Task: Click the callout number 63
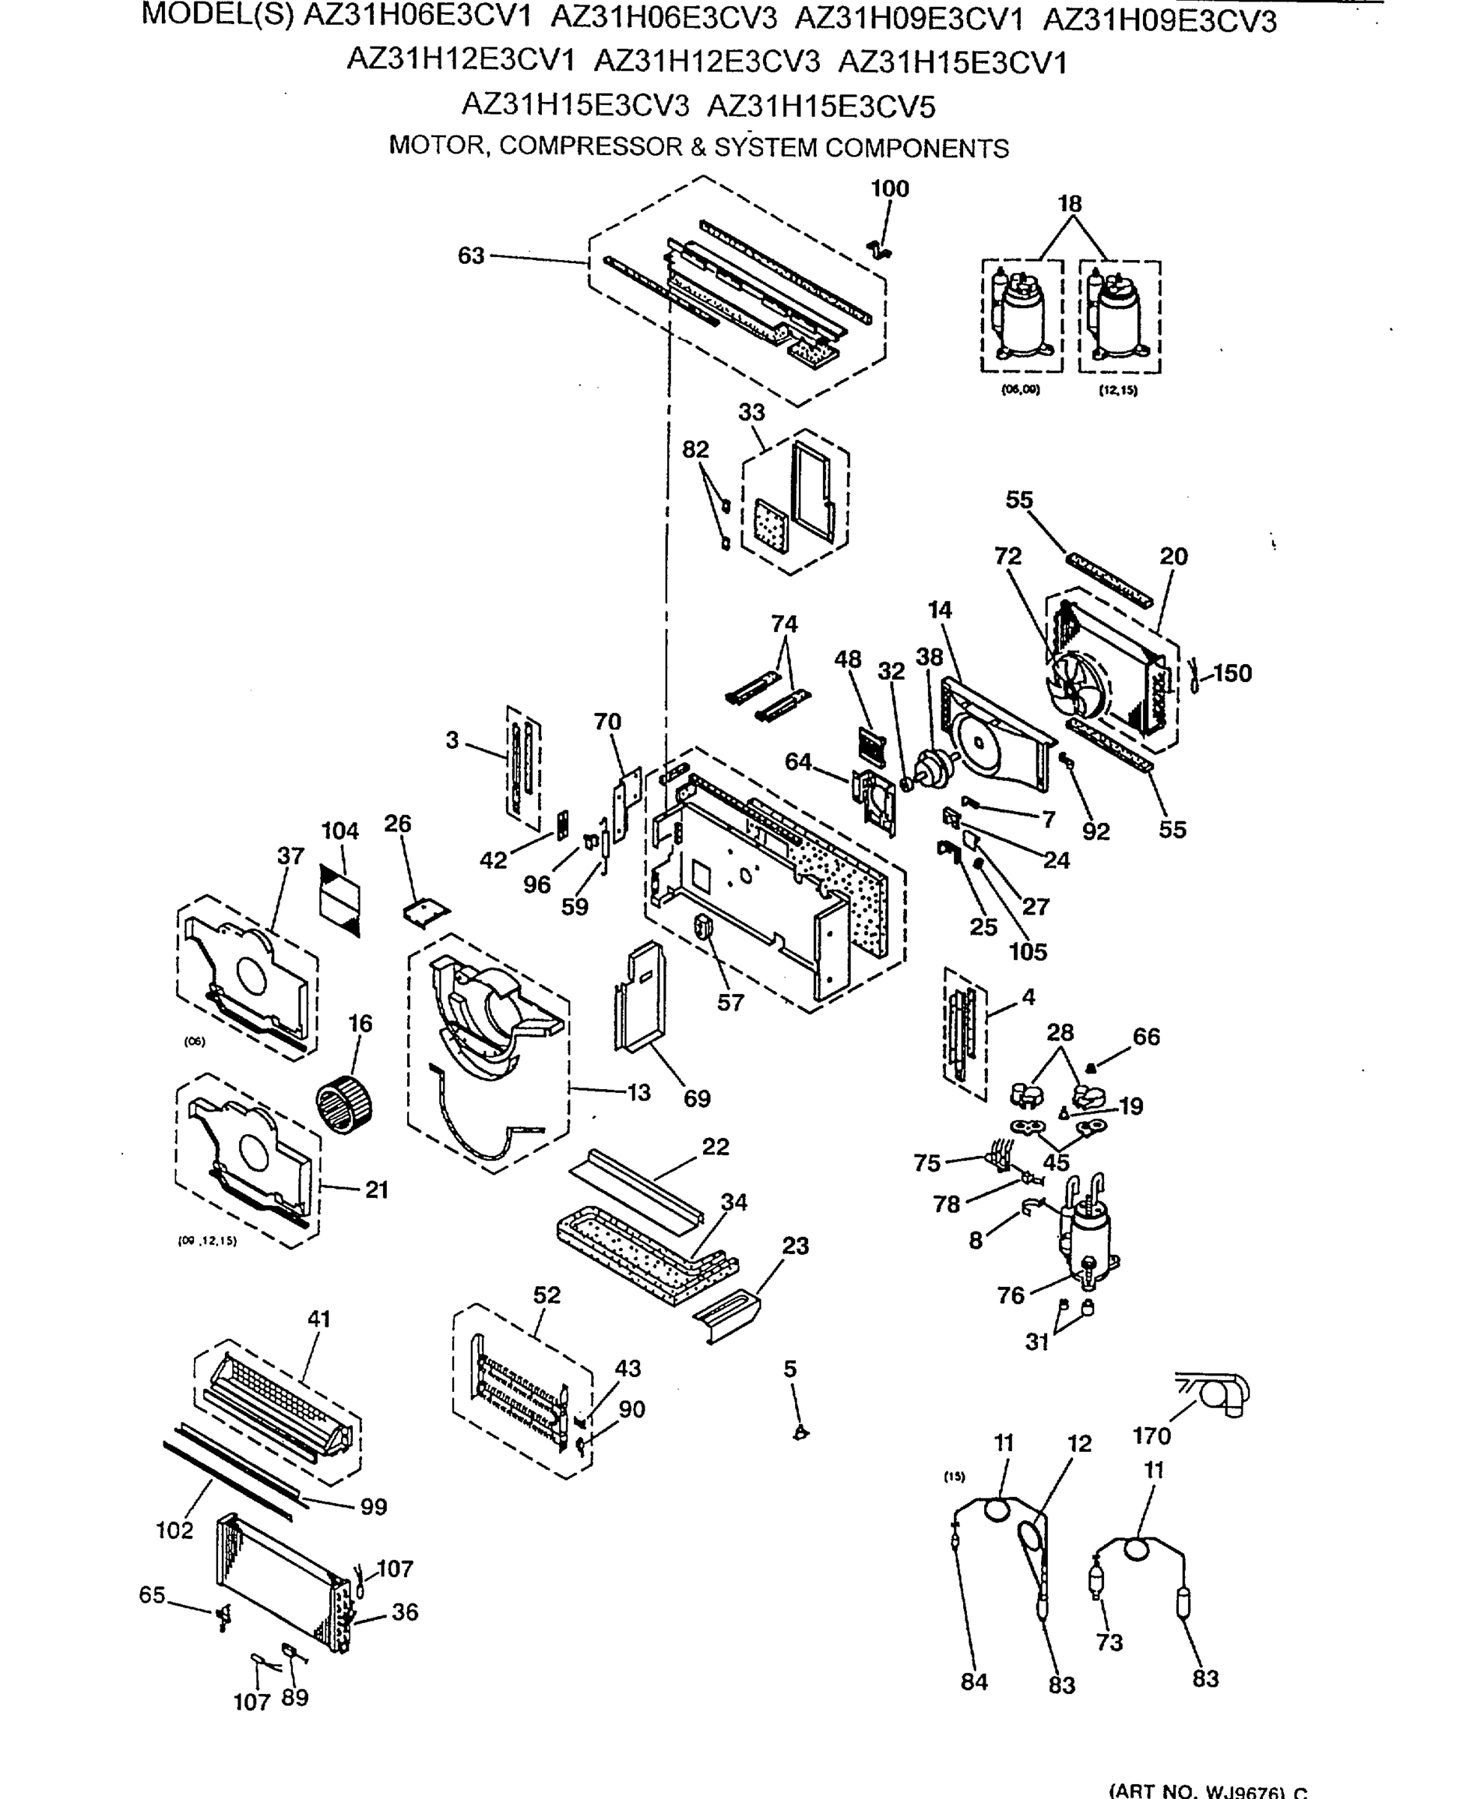coord(471,256)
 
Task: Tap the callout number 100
coord(890,189)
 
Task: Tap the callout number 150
coord(1232,673)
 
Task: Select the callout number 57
coord(730,1003)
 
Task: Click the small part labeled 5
coord(800,1432)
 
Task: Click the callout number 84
coord(974,1682)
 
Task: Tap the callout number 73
coord(1109,1642)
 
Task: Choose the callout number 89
coord(294,1697)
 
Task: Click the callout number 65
coord(151,1595)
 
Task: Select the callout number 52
coord(546,1295)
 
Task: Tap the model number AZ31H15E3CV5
coord(821,107)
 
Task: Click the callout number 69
coord(696,1099)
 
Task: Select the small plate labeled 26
coord(426,911)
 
